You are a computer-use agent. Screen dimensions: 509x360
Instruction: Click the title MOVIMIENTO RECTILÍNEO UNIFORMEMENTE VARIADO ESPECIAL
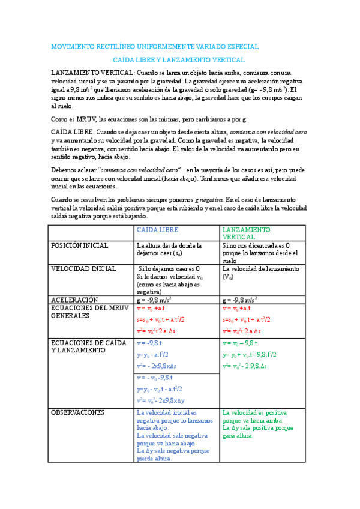(155, 46)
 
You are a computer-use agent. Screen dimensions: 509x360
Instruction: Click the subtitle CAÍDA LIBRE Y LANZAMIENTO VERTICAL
(179, 60)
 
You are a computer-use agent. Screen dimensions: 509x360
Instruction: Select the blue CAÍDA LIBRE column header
(158, 230)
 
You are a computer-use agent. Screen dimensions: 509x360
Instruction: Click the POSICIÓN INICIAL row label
(80, 245)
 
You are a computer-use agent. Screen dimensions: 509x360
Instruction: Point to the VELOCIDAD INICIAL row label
(84, 269)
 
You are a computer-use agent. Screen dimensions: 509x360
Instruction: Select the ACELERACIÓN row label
(74, 299)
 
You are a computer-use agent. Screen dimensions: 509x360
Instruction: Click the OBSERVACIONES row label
(78, 412)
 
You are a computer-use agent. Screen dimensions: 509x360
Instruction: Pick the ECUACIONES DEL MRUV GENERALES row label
(88, 312)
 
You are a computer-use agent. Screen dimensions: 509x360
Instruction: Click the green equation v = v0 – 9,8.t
(240, 343)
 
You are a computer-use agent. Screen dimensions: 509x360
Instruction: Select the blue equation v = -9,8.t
(150, 343)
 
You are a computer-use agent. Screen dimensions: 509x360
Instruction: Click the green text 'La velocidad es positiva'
(254, 413)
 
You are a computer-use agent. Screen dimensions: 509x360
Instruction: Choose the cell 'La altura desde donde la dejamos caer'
(169, 249)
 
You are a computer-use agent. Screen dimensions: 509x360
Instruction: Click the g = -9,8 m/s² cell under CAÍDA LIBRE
(155, 299)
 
